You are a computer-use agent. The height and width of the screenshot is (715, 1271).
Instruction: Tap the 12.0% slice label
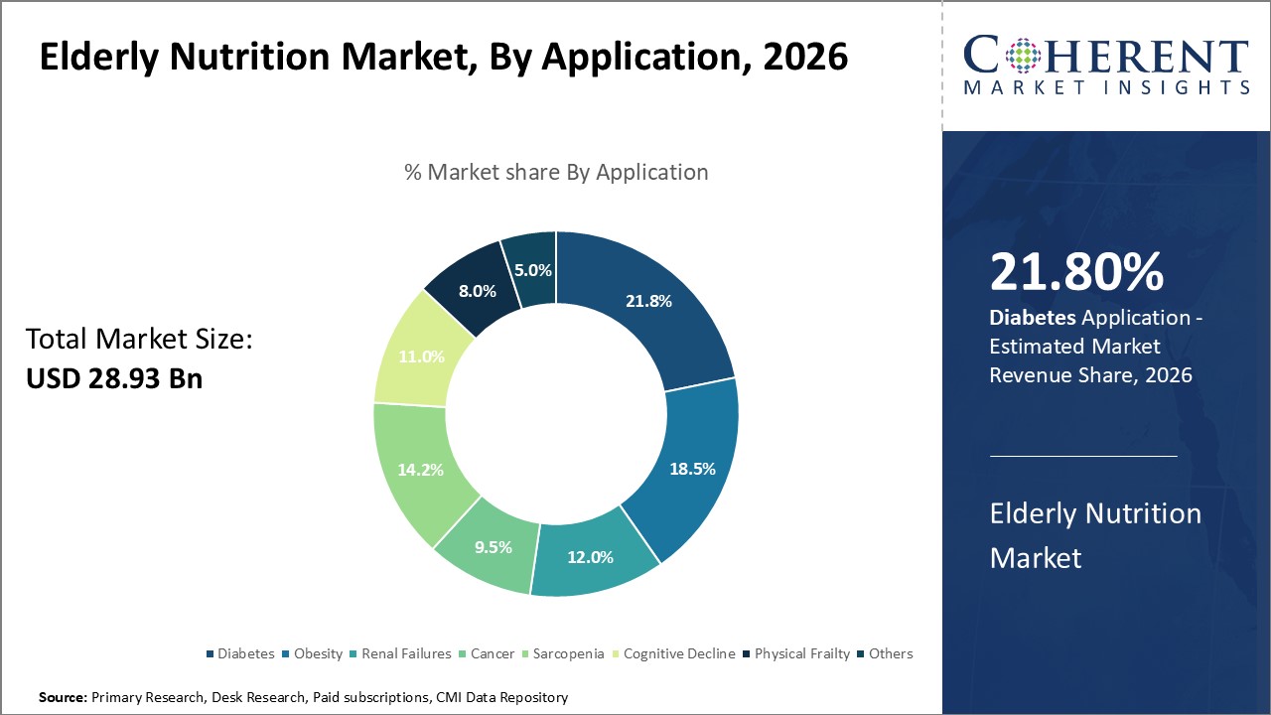589,557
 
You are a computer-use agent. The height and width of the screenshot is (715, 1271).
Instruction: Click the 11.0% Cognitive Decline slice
421,357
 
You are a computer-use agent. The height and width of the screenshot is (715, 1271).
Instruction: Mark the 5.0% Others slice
532,270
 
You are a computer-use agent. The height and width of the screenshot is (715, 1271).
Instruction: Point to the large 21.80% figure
1076,272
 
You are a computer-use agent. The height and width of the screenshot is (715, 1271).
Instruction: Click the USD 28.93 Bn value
114,378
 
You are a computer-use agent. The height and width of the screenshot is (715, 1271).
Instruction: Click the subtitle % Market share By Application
556,172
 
